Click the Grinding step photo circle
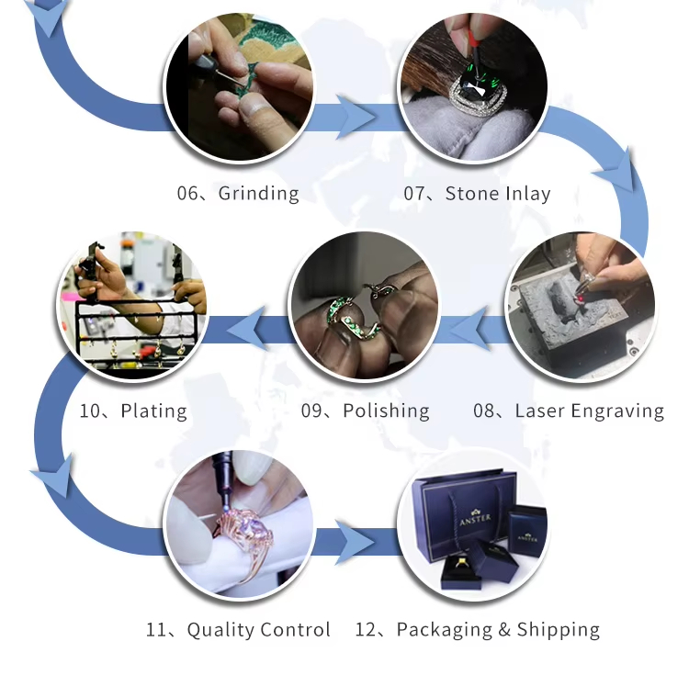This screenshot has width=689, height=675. click(239, 87)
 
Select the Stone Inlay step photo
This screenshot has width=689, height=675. click(472, 87)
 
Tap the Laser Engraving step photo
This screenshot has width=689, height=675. click(581, 305)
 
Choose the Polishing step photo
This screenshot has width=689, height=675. click(365, 305)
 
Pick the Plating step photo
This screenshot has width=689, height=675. click(132, 305)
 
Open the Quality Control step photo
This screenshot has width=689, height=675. click(239, 523)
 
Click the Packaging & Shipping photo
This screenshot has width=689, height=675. click(472, 523)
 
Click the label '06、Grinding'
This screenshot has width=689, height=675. click(238, 193)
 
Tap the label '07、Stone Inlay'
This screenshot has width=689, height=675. click(477, 193)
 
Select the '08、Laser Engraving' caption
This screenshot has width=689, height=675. click(568, 411)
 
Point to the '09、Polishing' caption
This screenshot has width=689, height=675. click(365, 411)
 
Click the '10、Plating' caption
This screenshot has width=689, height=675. click(133, 411)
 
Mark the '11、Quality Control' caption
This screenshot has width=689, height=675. click(238, 629)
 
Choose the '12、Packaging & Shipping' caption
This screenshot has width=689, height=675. click(477, 629)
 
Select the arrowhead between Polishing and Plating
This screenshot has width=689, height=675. click(247, 329)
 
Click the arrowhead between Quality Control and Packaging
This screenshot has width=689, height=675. click(355, 543)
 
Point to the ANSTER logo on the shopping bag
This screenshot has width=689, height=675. click(475, 519)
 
